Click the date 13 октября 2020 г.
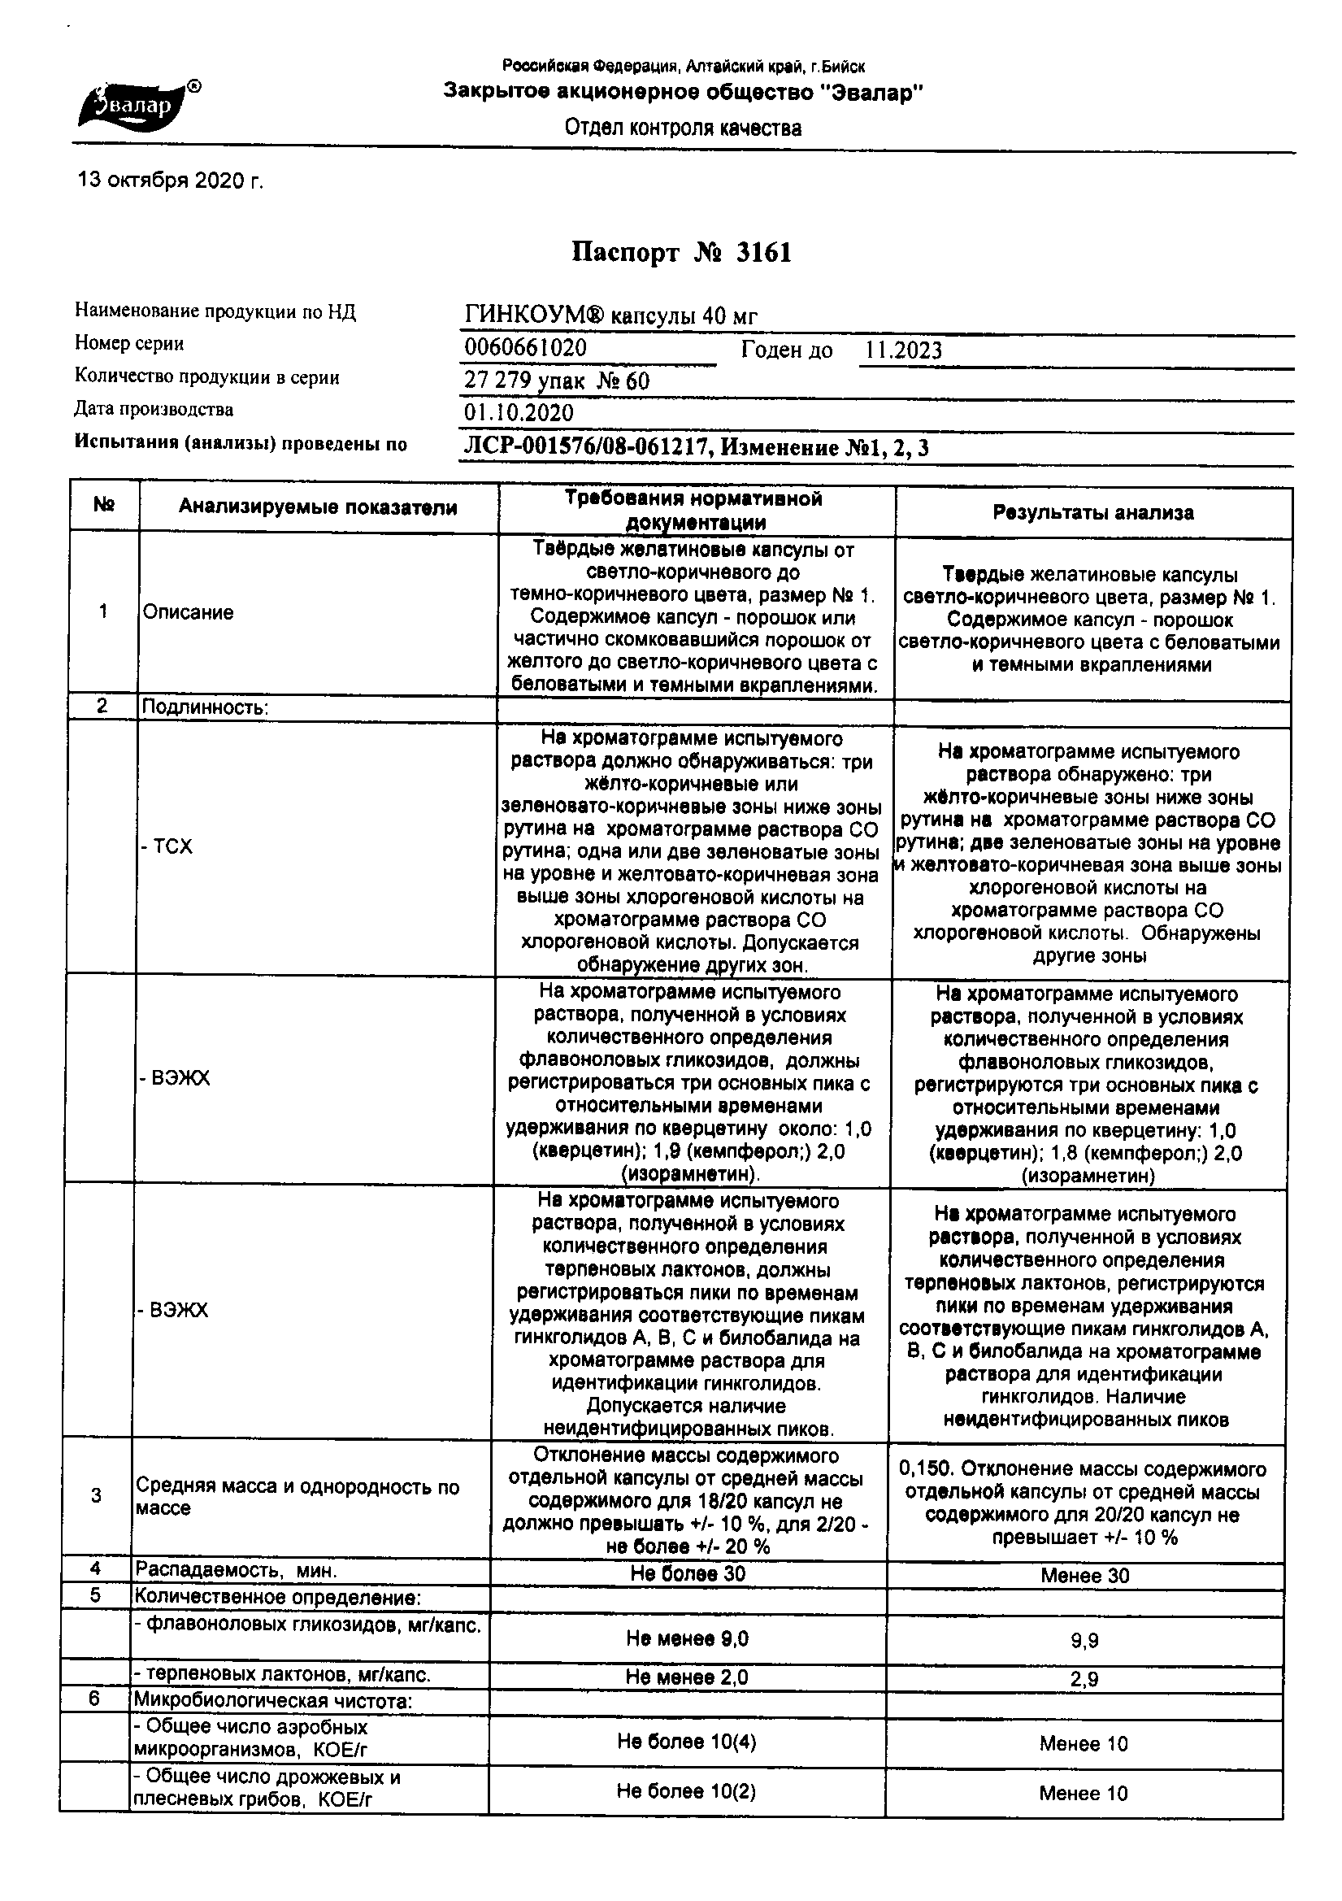pyautogui.click(x=170, y=180)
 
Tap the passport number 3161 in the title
pyautogui.click(x=762, y=253)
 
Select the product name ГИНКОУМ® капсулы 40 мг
pyautogui.click(x=611, y=315)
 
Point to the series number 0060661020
pyautogui.click(x=526, y=348)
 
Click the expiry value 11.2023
pyautogui.click(x=903, y=350)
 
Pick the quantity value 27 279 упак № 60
pyautogui.click(x=557, y=381)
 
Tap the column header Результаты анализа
pyautogui.click(x=1092, y=513)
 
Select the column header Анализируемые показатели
pyautogui.click(x=318, y=507)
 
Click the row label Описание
pyautogui.click(x=188, y=613)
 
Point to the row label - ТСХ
pyautogui.click(x=167, y=846)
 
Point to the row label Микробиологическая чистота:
pyautogui.click(x=273, y=1702)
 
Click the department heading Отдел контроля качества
pyautogui.click(x=683, y=128)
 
